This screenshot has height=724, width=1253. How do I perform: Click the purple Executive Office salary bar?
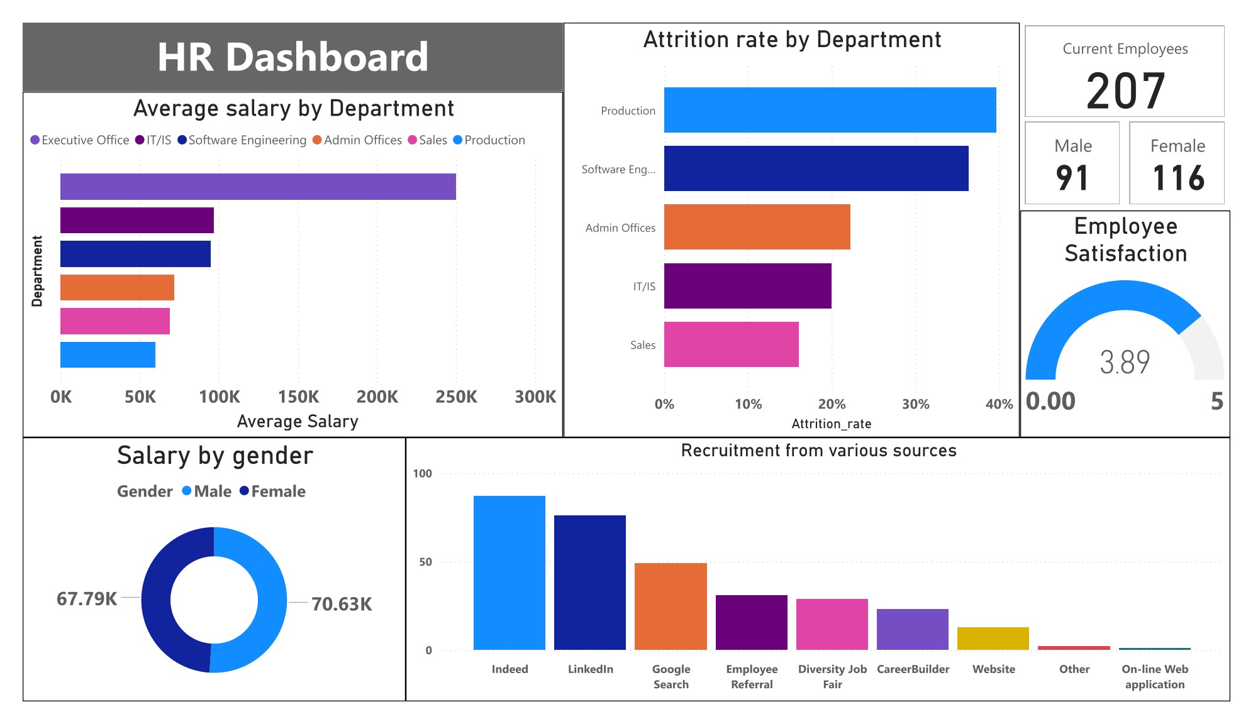tap(258, 187)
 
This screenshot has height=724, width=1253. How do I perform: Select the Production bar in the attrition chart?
tap(830, 110)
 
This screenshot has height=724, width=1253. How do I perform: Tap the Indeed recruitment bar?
tap(509, 572)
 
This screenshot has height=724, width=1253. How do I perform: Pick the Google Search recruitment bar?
tap(671, 606)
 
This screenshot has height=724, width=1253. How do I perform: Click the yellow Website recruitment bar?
tap(993, 638)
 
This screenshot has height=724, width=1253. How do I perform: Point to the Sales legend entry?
tap(428, 140)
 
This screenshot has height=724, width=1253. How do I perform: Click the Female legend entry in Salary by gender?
tap(273, 491)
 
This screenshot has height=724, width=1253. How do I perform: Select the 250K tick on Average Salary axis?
tap(456, 397)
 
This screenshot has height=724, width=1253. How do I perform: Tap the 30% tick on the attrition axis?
tap(915, 404)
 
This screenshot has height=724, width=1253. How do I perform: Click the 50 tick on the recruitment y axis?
tap(426, 562)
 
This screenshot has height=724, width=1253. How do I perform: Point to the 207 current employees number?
tap(1125, 91)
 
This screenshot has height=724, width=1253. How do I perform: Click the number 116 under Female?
tap(1178, 178)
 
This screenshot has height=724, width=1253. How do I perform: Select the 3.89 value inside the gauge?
tap(1125, 362)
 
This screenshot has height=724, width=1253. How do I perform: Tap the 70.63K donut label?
tap(342, 604)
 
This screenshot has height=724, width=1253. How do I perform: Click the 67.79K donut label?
tap(87, 599)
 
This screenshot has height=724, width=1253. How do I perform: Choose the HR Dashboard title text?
tap(292, 57)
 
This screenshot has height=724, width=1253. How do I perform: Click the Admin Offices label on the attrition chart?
tap(620, 228)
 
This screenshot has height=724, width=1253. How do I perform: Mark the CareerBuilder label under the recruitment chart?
tap(913, 669)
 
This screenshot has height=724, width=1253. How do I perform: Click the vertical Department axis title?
tap(37, 271)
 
